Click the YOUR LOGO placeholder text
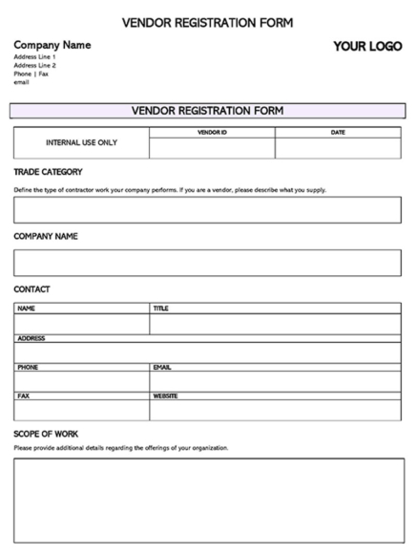click(x=367, y=47)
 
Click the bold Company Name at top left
click(x=52, y=45)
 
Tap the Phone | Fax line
click(x=31, y=74)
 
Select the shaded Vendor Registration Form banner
click(x=207, y=111)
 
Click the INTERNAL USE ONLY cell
click(x=81, y=143)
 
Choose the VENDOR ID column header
click(x=212, y=132)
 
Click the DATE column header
click(x=338, y=132)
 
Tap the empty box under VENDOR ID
click(x=212, y=148)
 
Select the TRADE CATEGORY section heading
click(x=48, y=172)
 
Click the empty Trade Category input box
click(x=207, y=210)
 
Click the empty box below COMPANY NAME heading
click(x=207, y=263)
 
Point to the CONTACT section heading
click(x=31, y=289)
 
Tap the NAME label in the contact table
click(x=26, y=309)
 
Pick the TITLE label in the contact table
click(x=160, y=309)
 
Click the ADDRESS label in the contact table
click(x=31, y=338)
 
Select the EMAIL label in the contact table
click(x=162, y=367)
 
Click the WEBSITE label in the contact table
click(x=165, y=396)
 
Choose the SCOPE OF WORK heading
click(x=46, y=434)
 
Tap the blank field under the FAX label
click(x=81, y=410)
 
